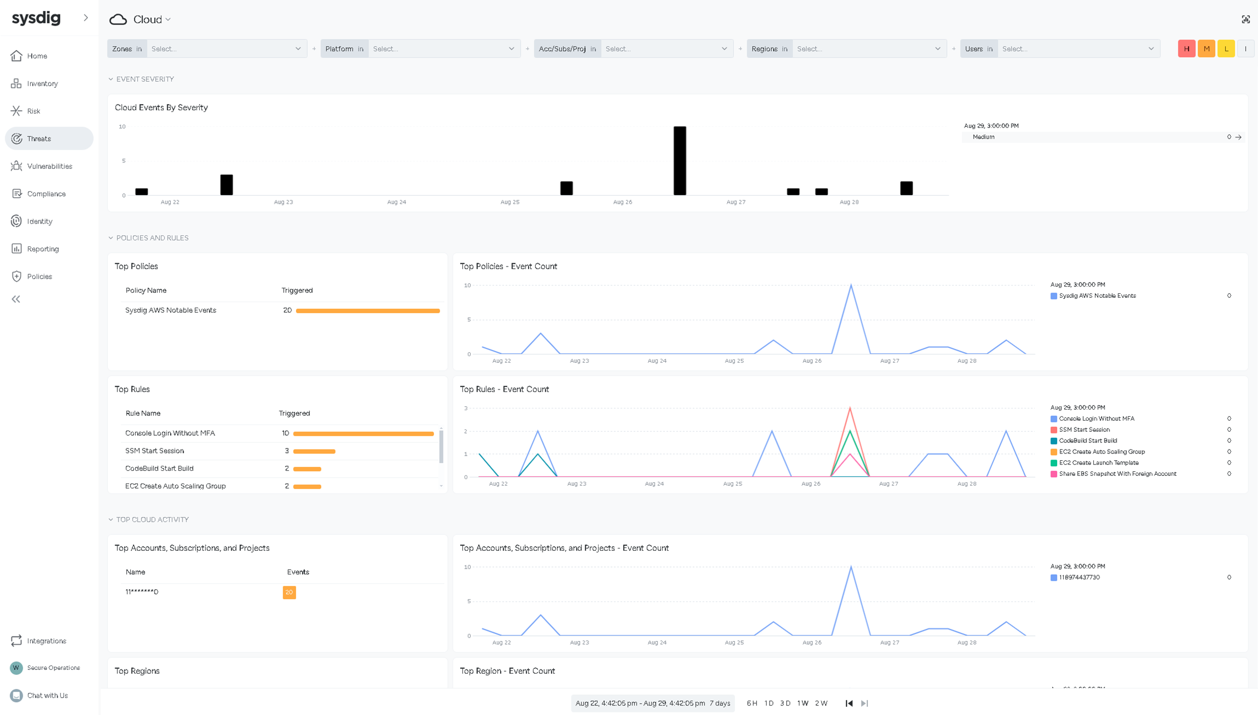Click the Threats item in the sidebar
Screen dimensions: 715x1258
point(39,139)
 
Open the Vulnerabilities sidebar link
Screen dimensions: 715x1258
point(50,166)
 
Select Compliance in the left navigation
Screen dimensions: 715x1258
point(46,194)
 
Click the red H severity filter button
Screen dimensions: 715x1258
point(1186,49)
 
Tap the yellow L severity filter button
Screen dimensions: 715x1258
point(1226,49)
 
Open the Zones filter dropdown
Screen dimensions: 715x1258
point(226,49)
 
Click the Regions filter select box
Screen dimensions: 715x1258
point(868,49)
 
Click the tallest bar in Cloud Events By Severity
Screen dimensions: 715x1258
point(679,161)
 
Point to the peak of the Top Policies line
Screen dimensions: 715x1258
point(851,285)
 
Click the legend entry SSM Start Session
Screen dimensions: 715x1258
point(1084,430)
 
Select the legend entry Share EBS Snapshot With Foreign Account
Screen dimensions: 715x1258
point(1117,474)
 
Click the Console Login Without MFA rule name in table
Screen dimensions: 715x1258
point(170,433)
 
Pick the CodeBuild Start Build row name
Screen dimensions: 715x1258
point(159,469)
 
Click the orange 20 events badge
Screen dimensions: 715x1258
point(289,593)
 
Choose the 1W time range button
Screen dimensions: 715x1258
point(802,703)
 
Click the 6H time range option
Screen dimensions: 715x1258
point(752,703)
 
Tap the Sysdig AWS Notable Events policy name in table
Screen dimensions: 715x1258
point(170,310)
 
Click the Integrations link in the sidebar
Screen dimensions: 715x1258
point(46,641)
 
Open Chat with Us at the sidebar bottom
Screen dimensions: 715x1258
point(47,696)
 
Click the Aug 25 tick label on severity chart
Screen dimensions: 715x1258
point(510,202)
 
